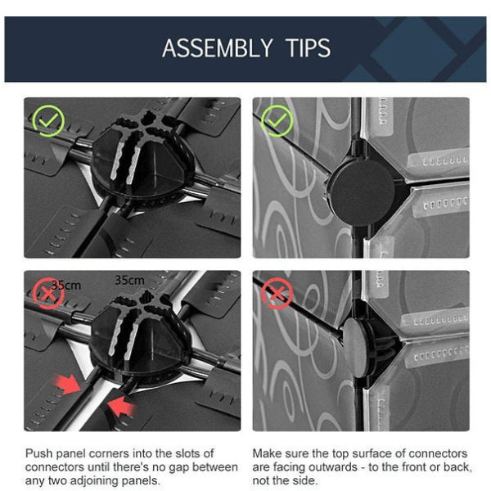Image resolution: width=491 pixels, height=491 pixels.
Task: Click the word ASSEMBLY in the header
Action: click(218, 48)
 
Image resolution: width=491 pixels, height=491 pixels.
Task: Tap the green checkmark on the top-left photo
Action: click(48, 121)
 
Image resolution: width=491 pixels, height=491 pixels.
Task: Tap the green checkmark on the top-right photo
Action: click(277, 121)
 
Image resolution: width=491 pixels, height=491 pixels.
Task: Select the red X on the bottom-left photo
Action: click(48, 294)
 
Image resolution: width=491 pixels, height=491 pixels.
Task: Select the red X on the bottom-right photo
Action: click(277, 294)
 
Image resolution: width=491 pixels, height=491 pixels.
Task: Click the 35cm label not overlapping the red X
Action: click(129, 280)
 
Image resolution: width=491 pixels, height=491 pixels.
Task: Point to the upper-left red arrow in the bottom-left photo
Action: click(67, 384)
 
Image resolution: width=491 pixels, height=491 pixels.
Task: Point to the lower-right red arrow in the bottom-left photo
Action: click(121, 406)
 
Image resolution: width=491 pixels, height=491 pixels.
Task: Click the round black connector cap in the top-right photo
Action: click(361, 191)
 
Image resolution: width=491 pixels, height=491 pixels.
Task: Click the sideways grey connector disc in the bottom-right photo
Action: click(354, 348)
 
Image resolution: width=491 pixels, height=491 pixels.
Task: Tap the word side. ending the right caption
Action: click(304, 480)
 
